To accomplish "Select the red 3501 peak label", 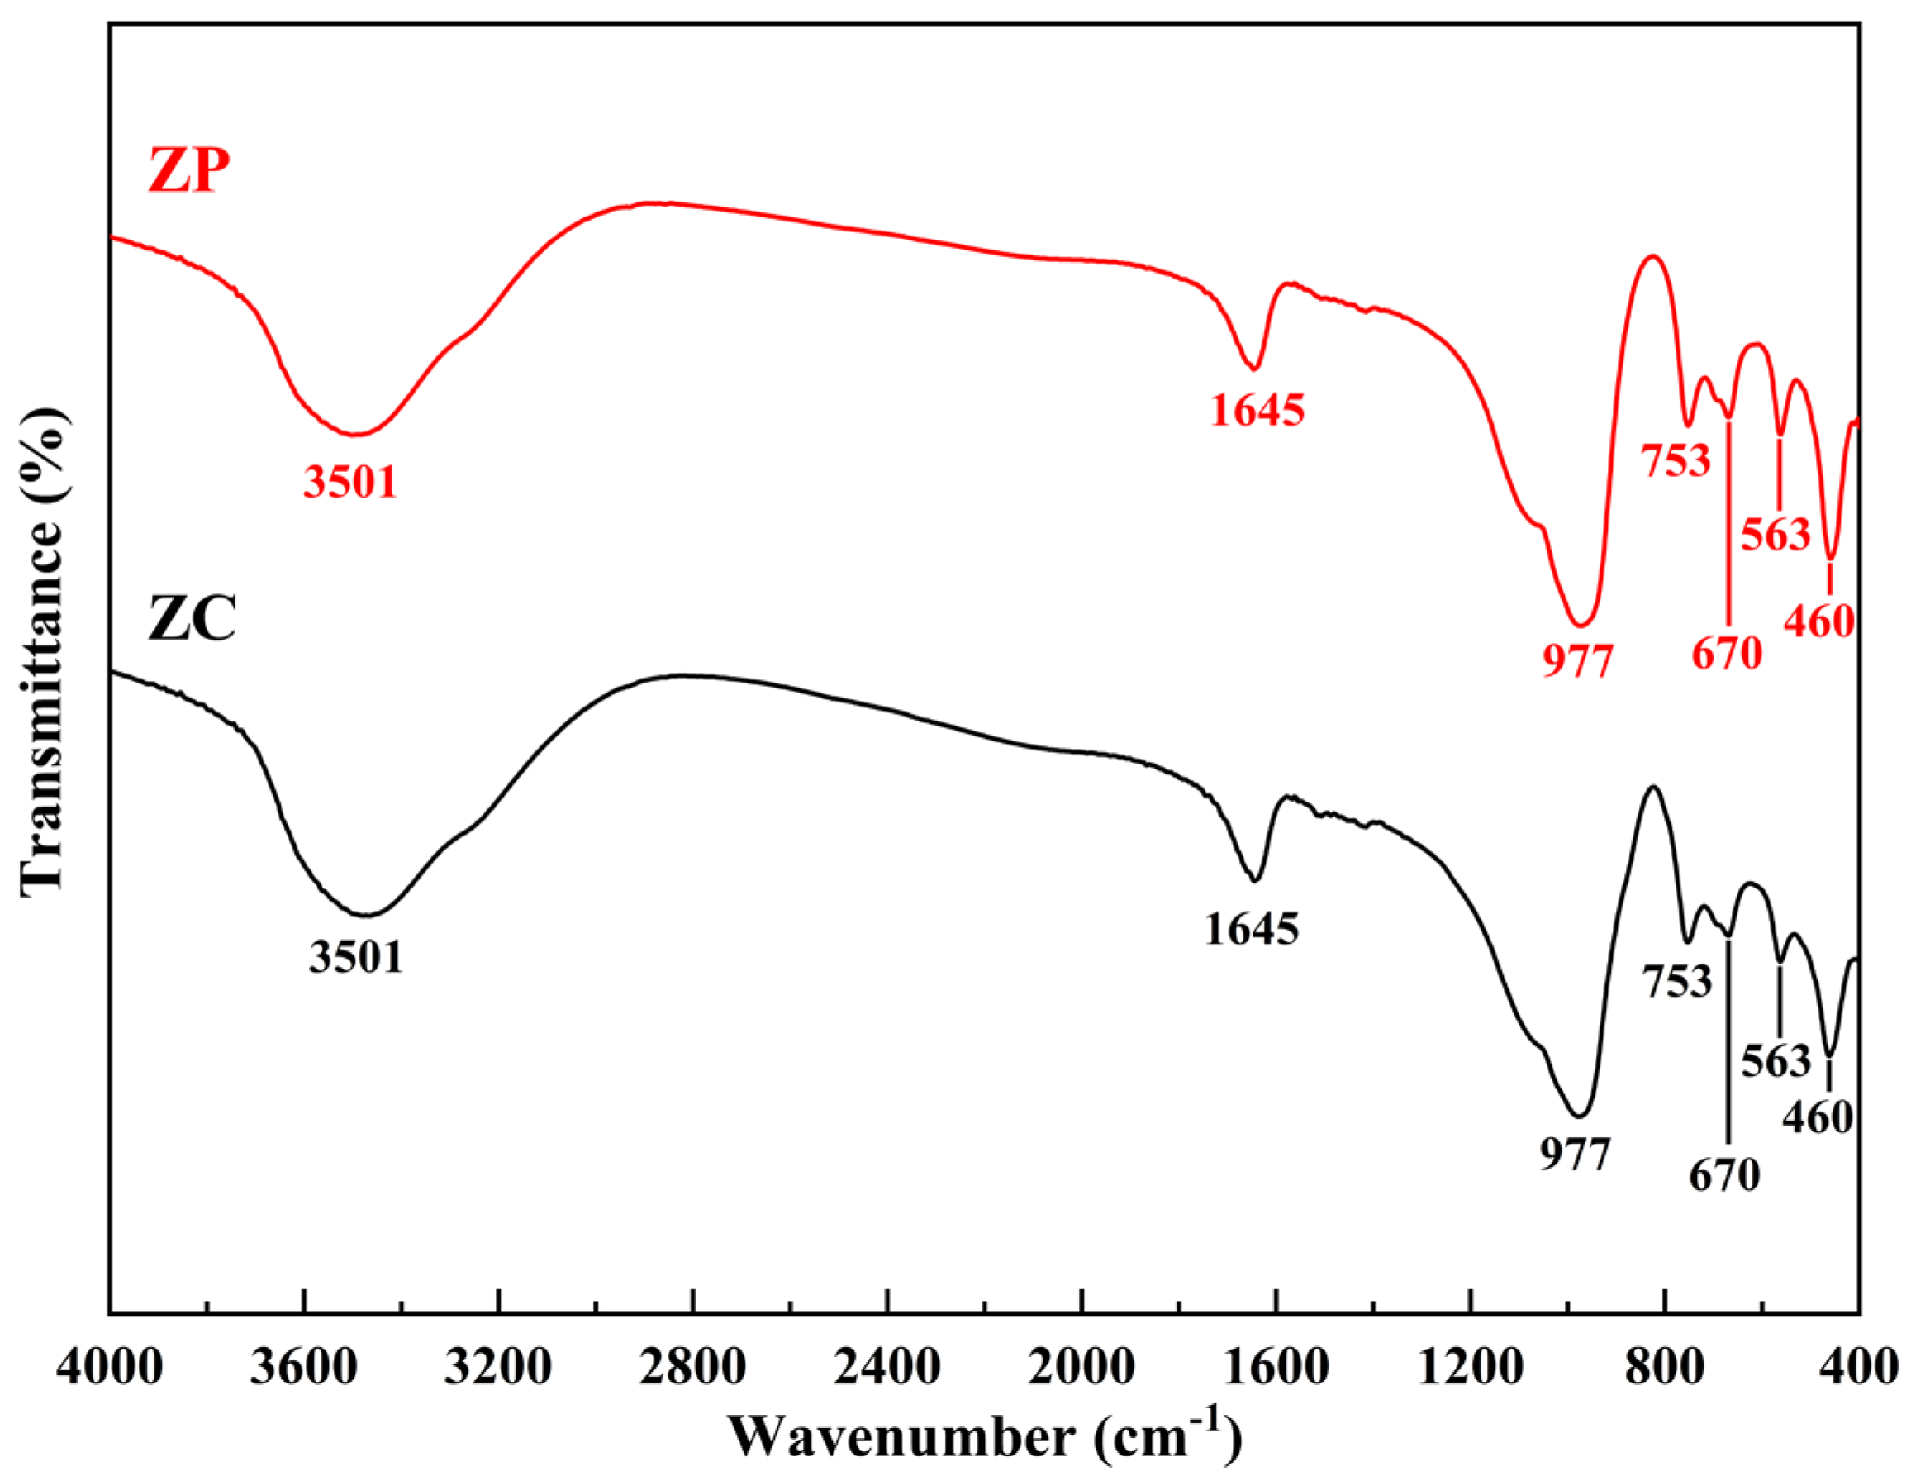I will click(350, 482).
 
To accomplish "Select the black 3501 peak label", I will click(356, 957).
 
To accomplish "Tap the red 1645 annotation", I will click(1257, 410).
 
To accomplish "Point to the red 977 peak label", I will click(1576, 662).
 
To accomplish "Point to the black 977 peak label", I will click(1575, 1155).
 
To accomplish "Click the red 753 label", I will click(1675, 460).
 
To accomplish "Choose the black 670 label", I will click(1723, 1175).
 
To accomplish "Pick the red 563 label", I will click(1775, 534).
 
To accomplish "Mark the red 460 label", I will click(1819, 621).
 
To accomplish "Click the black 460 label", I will click(1818, 1117).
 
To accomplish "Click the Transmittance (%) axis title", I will click(42, 652).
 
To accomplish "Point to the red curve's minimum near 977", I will click(1580, 626).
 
